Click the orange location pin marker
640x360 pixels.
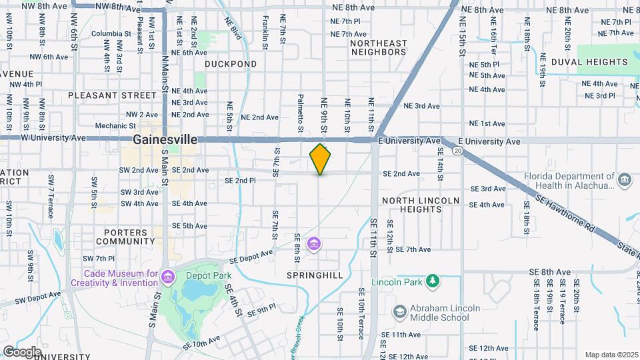[321, 159]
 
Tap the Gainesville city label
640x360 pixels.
[165, 140]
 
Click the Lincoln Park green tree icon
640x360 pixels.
[433, 281]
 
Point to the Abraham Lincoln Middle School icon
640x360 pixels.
[399, 312]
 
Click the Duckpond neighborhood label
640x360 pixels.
[231, 64]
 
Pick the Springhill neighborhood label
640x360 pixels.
[315, 275]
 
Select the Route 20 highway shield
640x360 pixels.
[457, 151]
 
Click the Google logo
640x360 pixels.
[22, 351]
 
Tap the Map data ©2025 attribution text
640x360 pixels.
[610, 355]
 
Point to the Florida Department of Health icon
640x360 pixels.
[625, 179]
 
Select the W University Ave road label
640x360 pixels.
[54, 137]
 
